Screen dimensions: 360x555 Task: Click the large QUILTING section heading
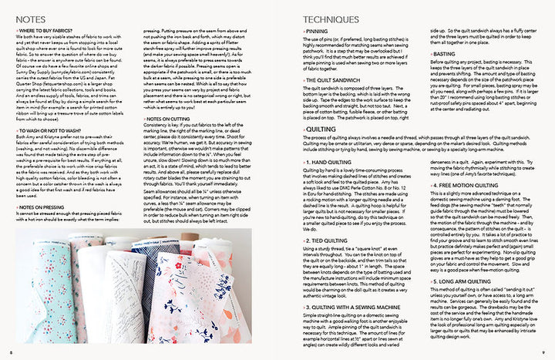(308, 130)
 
